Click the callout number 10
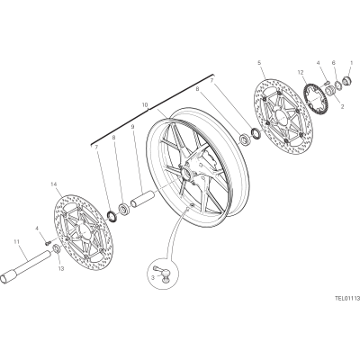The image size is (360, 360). pyautogui.click(x=145, y=105)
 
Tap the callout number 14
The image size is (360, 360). pyautogui.click(x=54, y=184)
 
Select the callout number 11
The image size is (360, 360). pyautogui.click(x=16, y=240)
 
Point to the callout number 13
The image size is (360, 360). pyautogui.click(x=61, y=269)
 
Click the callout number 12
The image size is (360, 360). pyautogui.click(x=301, y=72)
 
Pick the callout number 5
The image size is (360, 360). pyautogui.click(x=259, y=63)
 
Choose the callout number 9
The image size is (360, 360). pyautogui.click(x=132, y=127)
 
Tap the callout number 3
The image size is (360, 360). pyautogui.click(x=153, y=278)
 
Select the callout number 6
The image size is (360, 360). pyautogui.click(x=333, y=63)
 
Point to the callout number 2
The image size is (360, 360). pyautogui.click(x=342, y=106)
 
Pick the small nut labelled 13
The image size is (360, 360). pyautogui.click(x=56, y=248)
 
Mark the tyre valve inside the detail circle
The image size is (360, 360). pyautogui.click(x=161, y=273)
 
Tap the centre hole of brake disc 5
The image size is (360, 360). pyautogui.click(x=281, y=115)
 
